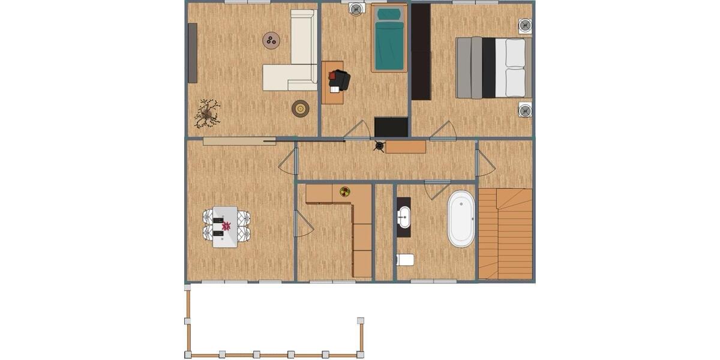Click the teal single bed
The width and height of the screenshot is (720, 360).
tap(389, 38)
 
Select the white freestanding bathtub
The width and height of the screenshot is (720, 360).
tap(461, 219)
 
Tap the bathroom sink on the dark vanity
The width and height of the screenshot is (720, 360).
tap(404, 216)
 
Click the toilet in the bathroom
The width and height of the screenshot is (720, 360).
tap(406, 260)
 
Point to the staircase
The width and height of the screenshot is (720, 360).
tap(506, 234)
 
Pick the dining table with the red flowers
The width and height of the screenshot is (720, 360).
tap(226, 227)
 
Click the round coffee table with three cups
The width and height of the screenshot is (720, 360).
tap(271, 40)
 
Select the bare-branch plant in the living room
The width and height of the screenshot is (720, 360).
tap(208, 113)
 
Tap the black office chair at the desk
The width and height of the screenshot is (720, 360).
tap(340, 80)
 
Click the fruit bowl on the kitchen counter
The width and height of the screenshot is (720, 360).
tap(345, 192)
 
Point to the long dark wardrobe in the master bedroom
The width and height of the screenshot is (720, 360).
tap(421, 52)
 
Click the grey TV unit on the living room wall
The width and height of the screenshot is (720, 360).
tap(193, 53)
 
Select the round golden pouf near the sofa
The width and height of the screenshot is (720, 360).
tap(301, 109)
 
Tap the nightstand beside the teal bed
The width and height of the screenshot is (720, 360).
tap(356, 9)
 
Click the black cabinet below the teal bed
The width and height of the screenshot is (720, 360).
tap(391, 127)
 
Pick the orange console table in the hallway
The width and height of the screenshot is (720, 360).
tap(406, 146)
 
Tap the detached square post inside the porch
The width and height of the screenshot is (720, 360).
tap(361, 321)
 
